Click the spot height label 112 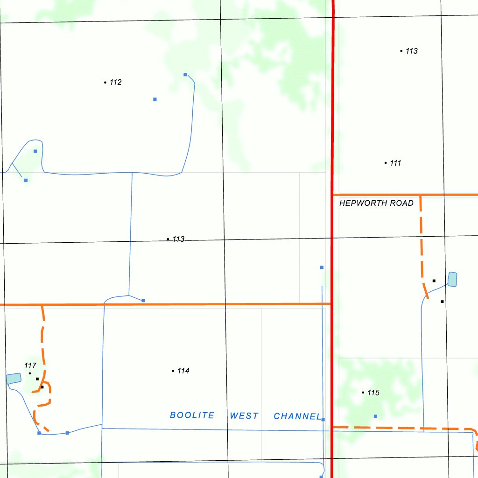115,83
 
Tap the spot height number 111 395,163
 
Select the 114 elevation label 183,371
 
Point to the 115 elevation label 373,393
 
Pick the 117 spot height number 30,366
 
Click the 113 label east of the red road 411,51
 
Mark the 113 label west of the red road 178,239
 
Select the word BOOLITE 192,415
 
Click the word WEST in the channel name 244,416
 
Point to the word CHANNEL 297,416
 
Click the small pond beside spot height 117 14,378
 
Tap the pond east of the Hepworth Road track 452,279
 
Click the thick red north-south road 332,117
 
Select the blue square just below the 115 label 375,416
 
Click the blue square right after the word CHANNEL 323,420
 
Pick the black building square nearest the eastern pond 434,281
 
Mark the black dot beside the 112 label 105,83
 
